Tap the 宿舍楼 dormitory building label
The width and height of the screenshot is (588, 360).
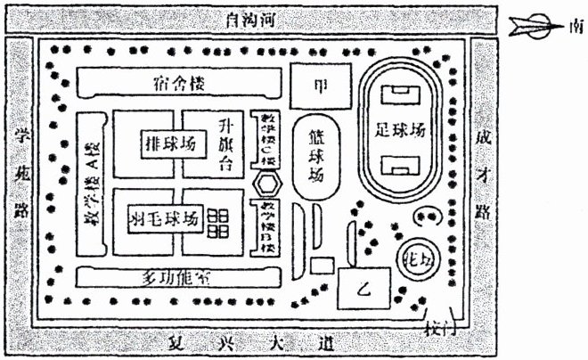coord(173,84)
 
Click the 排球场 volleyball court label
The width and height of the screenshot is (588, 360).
coord(168,144)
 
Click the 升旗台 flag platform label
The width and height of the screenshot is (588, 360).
coord(225,143)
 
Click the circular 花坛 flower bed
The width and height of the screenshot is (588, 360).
coord(413,256)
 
